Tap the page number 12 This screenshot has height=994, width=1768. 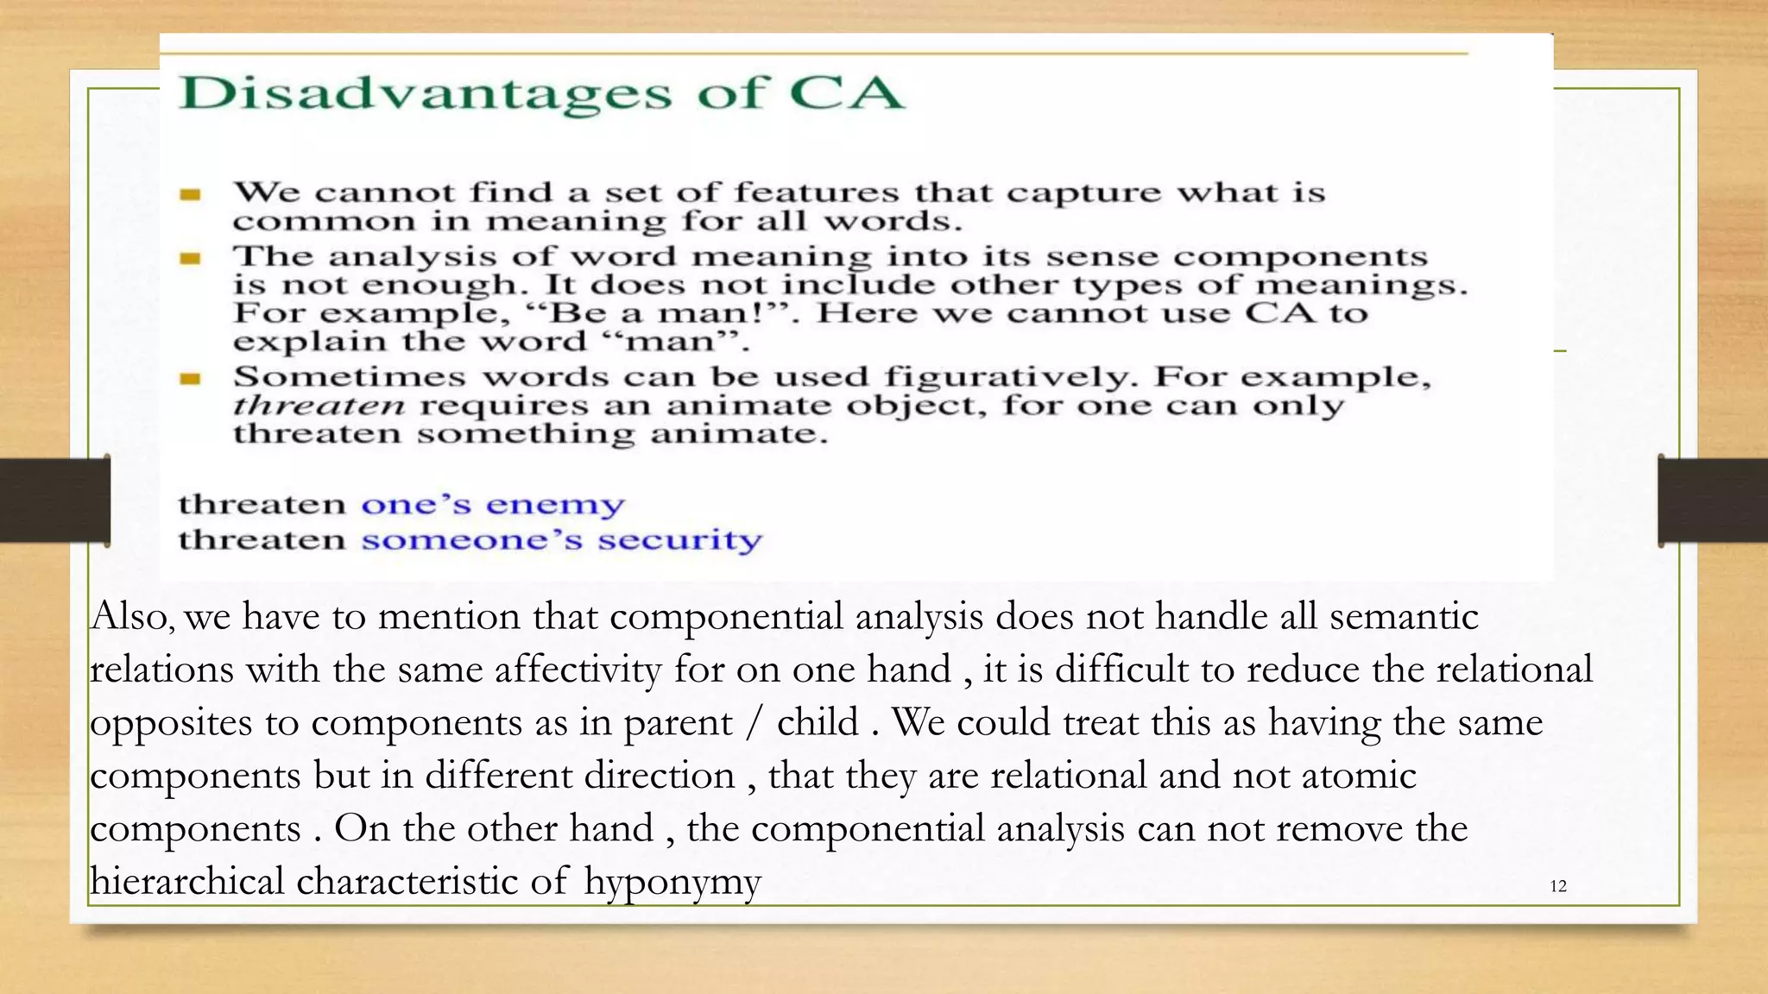pyautogui.click(x=1557, y=886)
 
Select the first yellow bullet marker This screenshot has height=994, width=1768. pyautogui.click(x=191, y=195)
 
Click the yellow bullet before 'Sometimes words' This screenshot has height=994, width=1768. pyautogui.click(x=191, y=378)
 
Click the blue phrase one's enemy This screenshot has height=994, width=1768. pyautogui.click(x=492, y=504)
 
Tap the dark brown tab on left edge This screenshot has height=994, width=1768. pyautogui.click(x=54, y=500)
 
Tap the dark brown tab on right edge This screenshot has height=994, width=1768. pyautogui.click(x=1713, y=500)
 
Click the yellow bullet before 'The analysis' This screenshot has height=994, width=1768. pyautogui.click(x=191, y=258)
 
